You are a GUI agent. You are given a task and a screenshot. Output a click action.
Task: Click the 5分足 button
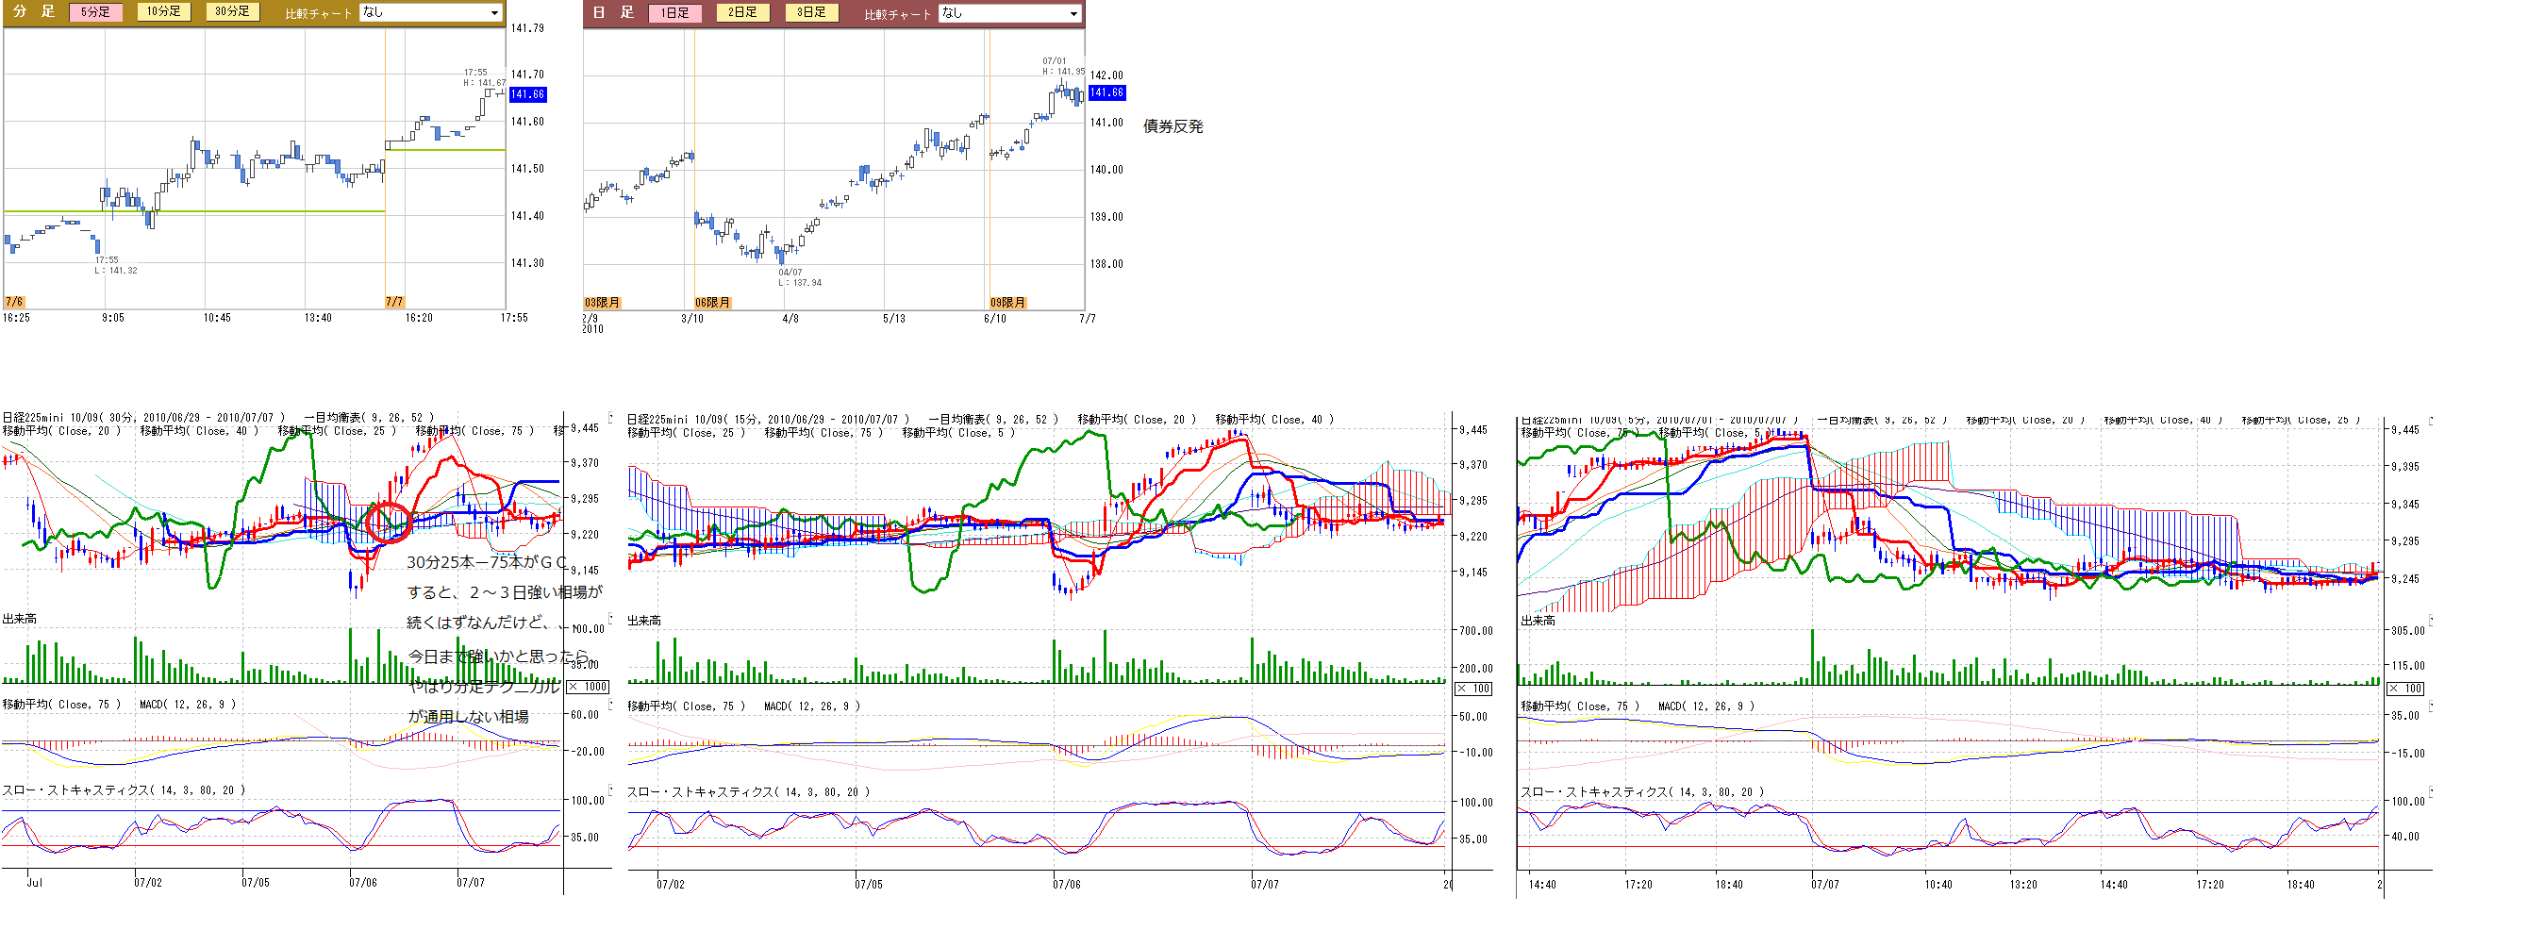coord(95,11)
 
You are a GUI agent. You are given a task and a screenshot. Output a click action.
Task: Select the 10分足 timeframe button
coord(164,11)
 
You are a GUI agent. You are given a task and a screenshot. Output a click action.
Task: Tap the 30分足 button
coord(233,11)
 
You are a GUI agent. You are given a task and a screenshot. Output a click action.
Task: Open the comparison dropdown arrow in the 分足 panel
coord(494,13)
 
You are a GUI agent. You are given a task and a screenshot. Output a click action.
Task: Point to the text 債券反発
coord(1173,126)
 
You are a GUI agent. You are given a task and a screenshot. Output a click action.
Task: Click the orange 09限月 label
coord(1006,302)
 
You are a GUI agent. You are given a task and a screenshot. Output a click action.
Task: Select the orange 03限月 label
coord(603,302)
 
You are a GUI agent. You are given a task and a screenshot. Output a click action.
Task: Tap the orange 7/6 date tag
coord(14,301)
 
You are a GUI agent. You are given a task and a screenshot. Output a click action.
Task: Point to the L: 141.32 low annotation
coord(116,270)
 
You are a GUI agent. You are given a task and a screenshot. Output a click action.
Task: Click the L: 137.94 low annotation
coord(800,283)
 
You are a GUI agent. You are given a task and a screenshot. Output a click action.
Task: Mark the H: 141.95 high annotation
coord(1064,71)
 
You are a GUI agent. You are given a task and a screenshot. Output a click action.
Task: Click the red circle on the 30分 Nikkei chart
coord(387,521)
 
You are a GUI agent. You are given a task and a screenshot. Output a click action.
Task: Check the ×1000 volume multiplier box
coord(588,687)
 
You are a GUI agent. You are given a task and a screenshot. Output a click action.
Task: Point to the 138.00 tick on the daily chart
coord(1106,264)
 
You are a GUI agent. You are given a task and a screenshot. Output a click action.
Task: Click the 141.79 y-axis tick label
coord(527,28)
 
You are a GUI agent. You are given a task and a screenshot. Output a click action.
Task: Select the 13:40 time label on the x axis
coord(318,318)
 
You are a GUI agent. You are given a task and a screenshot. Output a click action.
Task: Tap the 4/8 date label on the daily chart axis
coord(790,319)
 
